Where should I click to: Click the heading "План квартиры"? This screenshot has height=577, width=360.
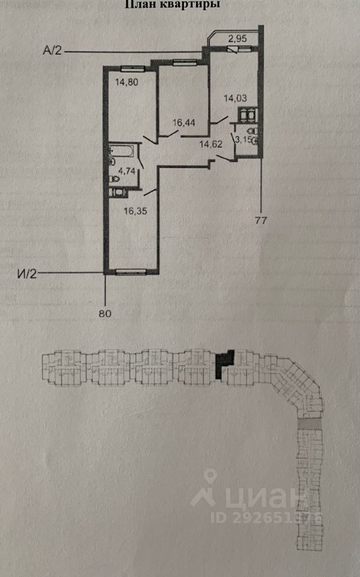click(173, 4)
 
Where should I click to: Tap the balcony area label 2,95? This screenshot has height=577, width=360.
click(237, 38)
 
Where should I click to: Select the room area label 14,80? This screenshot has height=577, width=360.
click(127, 82)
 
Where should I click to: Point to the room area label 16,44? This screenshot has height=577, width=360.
click(184, 122)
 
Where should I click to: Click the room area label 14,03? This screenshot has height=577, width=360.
click(235, 98)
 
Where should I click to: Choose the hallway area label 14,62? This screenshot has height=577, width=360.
click(211, 144)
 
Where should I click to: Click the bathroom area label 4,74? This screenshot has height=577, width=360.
click(127, 170)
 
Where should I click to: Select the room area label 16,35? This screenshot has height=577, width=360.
click(135, 211)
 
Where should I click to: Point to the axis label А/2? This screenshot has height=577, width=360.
click(52, 50)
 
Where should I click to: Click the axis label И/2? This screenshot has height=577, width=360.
click(27, 274)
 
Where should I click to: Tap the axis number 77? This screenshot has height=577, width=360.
click(261, 221)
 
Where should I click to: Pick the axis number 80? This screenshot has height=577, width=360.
click(105, 314)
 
